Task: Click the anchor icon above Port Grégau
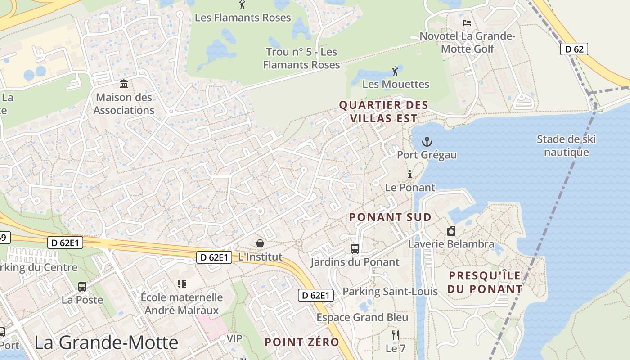pos(427,142)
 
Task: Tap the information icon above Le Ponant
pos(410,174)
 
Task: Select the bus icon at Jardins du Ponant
pos(355,249)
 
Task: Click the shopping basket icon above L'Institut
pos(260,243)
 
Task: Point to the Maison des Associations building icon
pos(124,84)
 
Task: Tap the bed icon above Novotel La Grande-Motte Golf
pos(467,22)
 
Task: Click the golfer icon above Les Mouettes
pos(395,71)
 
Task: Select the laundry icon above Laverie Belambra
pos(451,231)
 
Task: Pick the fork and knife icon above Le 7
pos(396,335)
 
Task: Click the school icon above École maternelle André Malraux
pos(182,284)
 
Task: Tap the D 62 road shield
pos(574,49)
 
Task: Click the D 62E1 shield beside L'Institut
pos(214,257)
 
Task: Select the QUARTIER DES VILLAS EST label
pos(383,112)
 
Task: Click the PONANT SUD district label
pos(390,217)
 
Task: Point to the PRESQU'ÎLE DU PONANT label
pos(485,282)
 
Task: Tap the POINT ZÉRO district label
pos(301,342)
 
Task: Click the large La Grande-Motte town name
pos(106,343)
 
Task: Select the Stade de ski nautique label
pos(566,145)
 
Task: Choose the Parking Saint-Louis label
pos(390,292)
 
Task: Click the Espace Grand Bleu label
pos(362,317)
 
